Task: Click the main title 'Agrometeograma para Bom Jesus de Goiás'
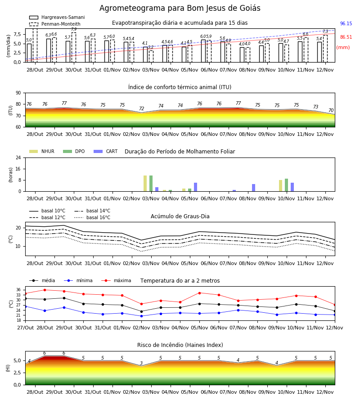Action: point(180,8)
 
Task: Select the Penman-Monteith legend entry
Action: point(55,24)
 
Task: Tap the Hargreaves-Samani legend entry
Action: point(57,17)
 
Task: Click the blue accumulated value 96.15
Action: point(346,23)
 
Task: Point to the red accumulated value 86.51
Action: point(346,37)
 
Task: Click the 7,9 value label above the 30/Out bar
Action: point(74,29)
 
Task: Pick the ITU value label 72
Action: point(141,108)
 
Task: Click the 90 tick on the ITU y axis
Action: point(18,93)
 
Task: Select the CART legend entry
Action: point(105,151)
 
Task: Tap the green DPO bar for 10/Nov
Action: point(286,185)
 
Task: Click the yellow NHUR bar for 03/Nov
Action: point(145,184)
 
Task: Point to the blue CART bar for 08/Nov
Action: point(254,188)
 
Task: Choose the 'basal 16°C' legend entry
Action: point(92,217)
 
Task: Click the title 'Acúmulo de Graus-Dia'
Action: point(180,216)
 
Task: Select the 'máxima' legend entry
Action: point(116,280)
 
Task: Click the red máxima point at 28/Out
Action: point(45,290)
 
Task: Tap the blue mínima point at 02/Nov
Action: point(141,316)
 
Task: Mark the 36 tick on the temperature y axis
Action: point(18,290)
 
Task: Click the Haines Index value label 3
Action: point(141,363)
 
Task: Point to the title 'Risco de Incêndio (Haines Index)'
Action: point(180,345)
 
